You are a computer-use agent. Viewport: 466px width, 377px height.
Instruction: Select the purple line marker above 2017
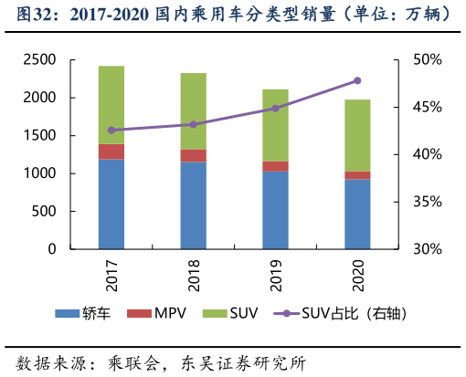(111, 131)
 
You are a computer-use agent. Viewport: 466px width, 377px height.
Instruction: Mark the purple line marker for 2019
(275, 108)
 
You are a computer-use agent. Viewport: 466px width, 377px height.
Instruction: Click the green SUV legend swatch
(213, 314)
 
